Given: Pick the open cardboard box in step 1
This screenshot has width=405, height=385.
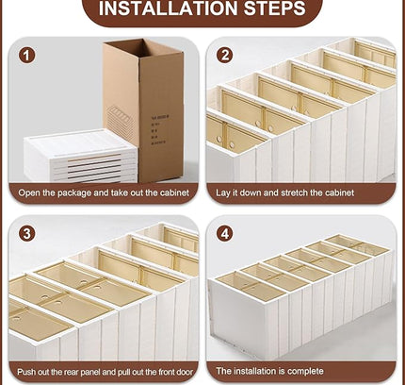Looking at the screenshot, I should [142, 109].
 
